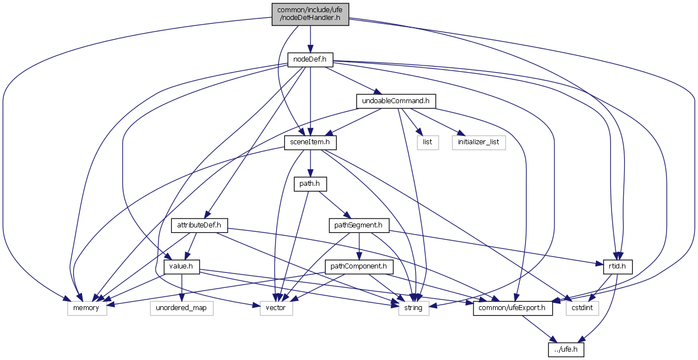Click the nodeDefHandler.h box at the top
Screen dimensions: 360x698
coord(310,14)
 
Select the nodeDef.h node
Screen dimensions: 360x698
coord(309,59)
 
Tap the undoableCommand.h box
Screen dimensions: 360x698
coord(395,101)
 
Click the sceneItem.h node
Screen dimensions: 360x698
coord(310,143)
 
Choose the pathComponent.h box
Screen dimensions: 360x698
coord(359,266)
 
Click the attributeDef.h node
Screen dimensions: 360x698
coord(200,225)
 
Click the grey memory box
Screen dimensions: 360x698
coord(87,308)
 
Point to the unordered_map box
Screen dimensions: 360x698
coord(182,308)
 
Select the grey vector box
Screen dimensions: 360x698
coord(276,308)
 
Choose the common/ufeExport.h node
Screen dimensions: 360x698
coord(513,308)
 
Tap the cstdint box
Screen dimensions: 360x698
coord(583,308)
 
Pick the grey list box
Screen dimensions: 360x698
coord(427,143)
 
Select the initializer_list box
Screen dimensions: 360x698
coord(478,143)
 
